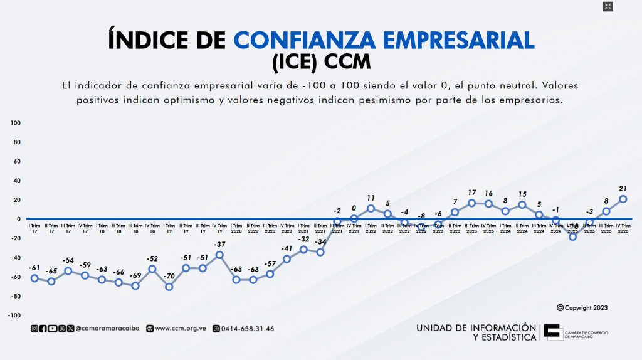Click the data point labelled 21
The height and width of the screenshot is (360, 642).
(x=623, y=199)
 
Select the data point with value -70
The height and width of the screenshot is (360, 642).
(x=169, y=287)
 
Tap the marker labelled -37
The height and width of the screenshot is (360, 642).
(x=219, y=255)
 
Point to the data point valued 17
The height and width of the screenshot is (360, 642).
(x=471, y=203)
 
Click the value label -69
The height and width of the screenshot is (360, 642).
(x=135, y=275)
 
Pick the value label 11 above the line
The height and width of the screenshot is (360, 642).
(x=371, y=198)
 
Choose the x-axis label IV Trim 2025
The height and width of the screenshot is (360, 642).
(x=623, y=228)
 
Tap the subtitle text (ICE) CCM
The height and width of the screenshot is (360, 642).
(x=321, y=63)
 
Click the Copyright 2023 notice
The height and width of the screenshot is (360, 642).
(x=582, y=308)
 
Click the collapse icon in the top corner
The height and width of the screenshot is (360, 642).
(x=607, y=7)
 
